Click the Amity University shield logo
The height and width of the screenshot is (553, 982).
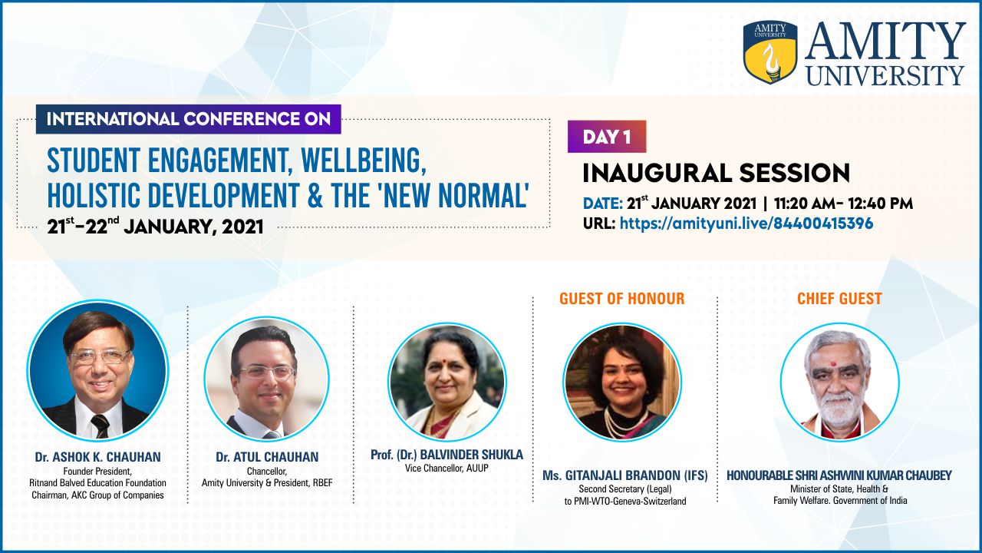(x=770, y=51)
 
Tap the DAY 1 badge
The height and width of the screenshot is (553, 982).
(x=607, y=137)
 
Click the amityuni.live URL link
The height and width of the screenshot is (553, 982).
(x=746, y=224)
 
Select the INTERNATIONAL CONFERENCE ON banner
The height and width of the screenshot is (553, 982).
(x=189, y=119)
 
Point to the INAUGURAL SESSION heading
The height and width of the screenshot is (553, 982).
(x=717, y=173)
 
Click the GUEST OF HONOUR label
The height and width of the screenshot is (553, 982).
(x=621, y=299)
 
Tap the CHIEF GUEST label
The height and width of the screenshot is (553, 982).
(x=839, y=299)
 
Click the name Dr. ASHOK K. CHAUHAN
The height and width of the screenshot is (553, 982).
(x=97, y=457)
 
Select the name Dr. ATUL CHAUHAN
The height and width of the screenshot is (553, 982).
(x=267, y=457)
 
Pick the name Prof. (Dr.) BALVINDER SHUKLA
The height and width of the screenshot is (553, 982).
(x=447, y=455)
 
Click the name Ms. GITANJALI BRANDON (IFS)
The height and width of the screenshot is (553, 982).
(x=625, y=475)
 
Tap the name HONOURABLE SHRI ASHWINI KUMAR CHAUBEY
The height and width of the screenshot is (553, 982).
(x=839, y=475)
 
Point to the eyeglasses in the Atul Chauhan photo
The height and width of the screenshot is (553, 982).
(x=268, y=373)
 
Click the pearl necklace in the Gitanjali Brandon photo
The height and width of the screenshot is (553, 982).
(x=621, y=422)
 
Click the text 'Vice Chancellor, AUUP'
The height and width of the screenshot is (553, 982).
(x=447, y=469)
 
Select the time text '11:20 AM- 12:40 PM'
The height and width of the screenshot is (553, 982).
(x=843, y=204)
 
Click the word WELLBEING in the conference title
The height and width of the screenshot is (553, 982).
(x=364, y=161)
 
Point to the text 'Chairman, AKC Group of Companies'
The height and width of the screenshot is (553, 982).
(x=97, y=495)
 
